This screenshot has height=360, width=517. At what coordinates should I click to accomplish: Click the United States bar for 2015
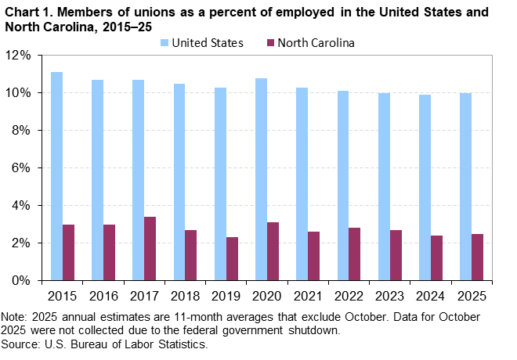tap(56, 176)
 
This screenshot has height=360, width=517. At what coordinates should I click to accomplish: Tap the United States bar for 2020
tap(261, 179)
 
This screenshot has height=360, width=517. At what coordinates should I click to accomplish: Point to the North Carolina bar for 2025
tap(476, 257)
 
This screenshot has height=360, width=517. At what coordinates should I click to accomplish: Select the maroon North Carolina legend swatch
tap(271, 43)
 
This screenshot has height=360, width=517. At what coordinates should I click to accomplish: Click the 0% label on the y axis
tap(21, 280)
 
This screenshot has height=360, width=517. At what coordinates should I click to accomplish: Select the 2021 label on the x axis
tap(307, 297)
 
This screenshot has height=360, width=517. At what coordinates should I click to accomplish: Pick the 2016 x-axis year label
tap(103, 297)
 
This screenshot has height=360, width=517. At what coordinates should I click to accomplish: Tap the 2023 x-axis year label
tap(389, 297)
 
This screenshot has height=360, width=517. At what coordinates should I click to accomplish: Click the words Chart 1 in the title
tap(29, 13)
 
